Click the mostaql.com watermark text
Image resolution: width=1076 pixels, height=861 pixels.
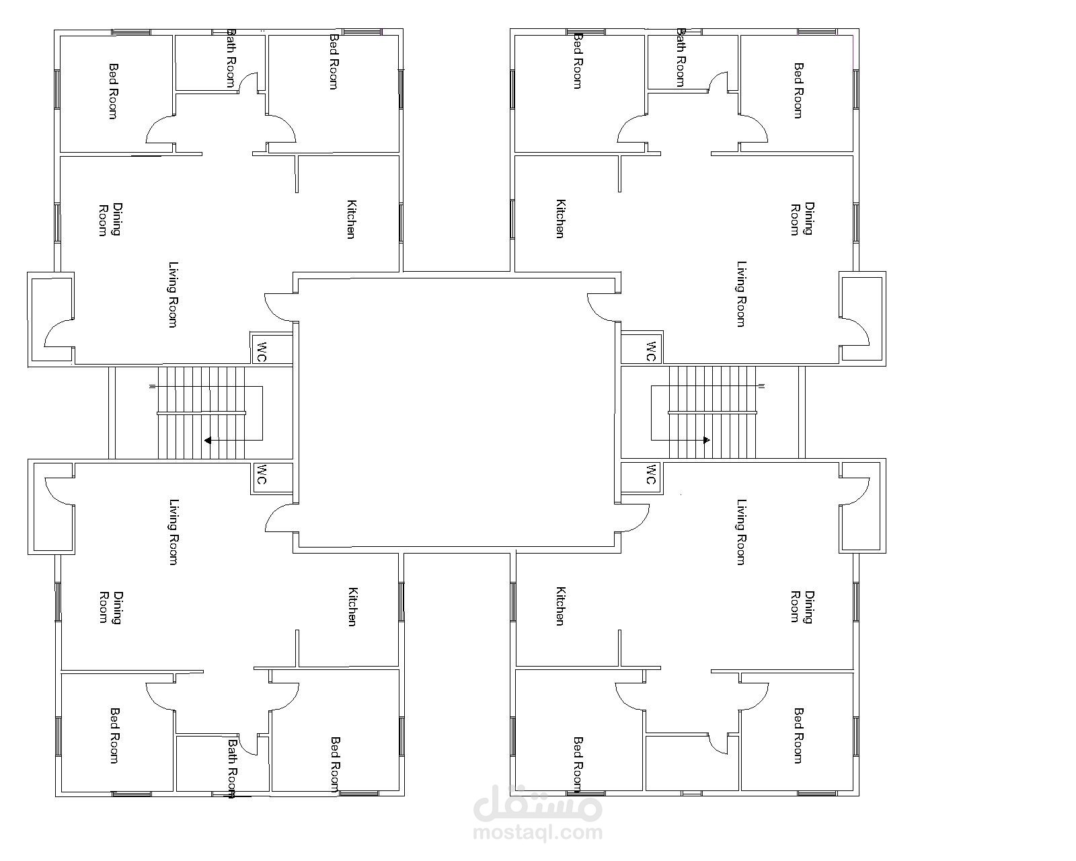point(538,833)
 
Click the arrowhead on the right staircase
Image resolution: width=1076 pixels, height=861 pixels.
point(707,441)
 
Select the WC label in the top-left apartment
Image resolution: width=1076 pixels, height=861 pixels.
point(262,352)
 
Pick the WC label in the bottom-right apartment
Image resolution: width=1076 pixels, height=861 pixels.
point(650,474)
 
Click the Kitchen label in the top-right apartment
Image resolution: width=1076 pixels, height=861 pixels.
point(560,219)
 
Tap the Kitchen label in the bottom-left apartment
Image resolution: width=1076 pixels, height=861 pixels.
point(352,607)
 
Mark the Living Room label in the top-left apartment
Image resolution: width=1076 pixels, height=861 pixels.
point(173,295)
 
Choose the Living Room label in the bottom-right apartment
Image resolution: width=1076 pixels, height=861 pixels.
point(741,531)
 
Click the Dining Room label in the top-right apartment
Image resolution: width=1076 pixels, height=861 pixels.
point(802,219)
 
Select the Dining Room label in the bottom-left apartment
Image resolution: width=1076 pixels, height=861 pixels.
point(110,607)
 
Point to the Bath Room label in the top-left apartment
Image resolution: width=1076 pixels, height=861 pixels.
point(231,58)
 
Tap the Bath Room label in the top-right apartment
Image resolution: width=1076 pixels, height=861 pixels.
point(681,58)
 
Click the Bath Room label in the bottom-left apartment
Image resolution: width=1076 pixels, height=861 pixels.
point(232,769)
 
